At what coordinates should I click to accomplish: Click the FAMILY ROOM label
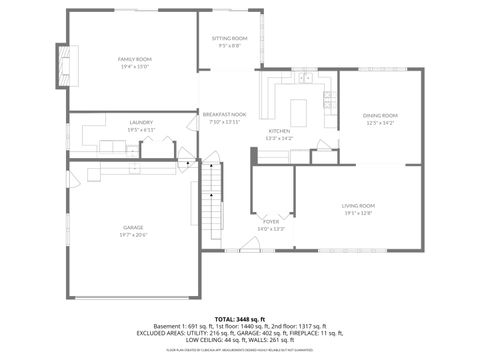pos(133,59)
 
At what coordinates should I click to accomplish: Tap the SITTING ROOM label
pos(229,38)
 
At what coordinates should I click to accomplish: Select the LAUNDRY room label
pos(140,122)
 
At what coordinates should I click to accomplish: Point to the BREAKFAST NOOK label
pos(224,115)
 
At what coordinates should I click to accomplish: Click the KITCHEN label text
pos(279,131)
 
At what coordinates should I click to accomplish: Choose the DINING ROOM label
pos(380,115)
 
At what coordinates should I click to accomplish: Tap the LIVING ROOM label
pos(357,205)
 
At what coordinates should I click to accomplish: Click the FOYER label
pos(271,222)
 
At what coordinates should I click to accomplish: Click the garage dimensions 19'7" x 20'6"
pos(133,235)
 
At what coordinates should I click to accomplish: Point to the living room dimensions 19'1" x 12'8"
pos(357,213)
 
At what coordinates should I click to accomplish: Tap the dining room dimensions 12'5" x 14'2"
pos(380,123)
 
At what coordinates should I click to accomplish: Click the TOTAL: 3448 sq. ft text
pos(240,318)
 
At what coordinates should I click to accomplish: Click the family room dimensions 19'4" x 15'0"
pos(133,67)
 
